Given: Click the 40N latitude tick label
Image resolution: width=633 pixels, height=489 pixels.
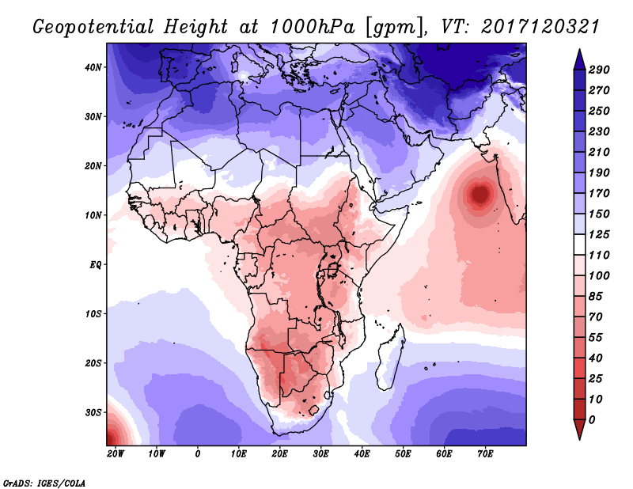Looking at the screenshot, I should [94, 67].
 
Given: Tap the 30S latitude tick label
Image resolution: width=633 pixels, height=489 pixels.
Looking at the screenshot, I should [94, 412].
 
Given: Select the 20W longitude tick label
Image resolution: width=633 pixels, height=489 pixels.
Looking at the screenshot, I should [116, 453].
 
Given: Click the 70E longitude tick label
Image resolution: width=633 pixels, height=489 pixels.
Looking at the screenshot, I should [485, 453].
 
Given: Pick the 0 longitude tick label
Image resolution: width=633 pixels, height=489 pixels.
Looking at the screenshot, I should [198, 453].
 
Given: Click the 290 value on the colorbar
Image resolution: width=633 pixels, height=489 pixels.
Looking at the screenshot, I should [599, 70].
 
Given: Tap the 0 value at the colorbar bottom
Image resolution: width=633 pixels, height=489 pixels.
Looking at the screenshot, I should [593, 419].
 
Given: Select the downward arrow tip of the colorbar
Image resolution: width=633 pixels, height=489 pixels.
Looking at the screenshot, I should [579, 436].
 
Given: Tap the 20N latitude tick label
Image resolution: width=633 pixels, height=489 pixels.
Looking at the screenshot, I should [94, 166].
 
